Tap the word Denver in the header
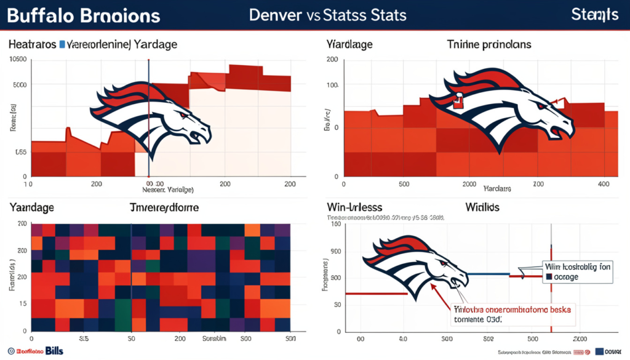coord(275,15)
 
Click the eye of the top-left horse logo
coord(183,115)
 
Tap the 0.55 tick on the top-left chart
coord(20,152)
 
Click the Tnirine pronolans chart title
coord(488,44)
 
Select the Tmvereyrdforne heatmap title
coord(164,208)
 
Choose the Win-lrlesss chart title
coord(354,208)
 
